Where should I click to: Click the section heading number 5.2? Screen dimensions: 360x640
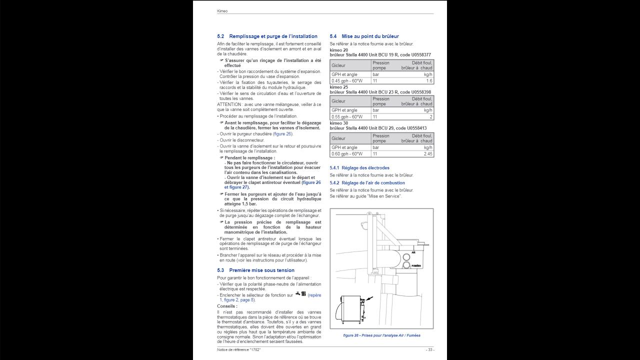pos(220,36)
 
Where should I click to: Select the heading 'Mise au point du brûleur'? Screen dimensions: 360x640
pos(370,36)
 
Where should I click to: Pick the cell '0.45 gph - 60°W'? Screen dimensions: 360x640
pos(347,81)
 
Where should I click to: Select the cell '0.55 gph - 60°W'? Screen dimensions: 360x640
pos(347,117)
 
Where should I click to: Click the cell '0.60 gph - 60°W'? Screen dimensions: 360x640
pos(347,154)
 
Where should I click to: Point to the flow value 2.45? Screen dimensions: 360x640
pos(427,154)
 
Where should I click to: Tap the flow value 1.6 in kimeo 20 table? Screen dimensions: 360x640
pos(429,81)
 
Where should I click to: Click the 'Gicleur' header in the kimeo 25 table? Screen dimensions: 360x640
pos(338,101)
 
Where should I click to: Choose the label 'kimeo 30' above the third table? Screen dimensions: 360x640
pos(339,123)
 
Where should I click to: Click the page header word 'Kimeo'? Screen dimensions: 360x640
pos(222,11)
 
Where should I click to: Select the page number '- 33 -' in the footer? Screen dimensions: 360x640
pos(429,349)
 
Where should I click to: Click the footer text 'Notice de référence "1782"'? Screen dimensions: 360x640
pos(239,349)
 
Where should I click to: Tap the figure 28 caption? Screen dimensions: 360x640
pos(381,335)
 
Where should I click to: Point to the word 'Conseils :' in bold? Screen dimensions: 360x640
pos(227,306)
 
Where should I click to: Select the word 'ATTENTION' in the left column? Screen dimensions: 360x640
pos(228,104)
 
